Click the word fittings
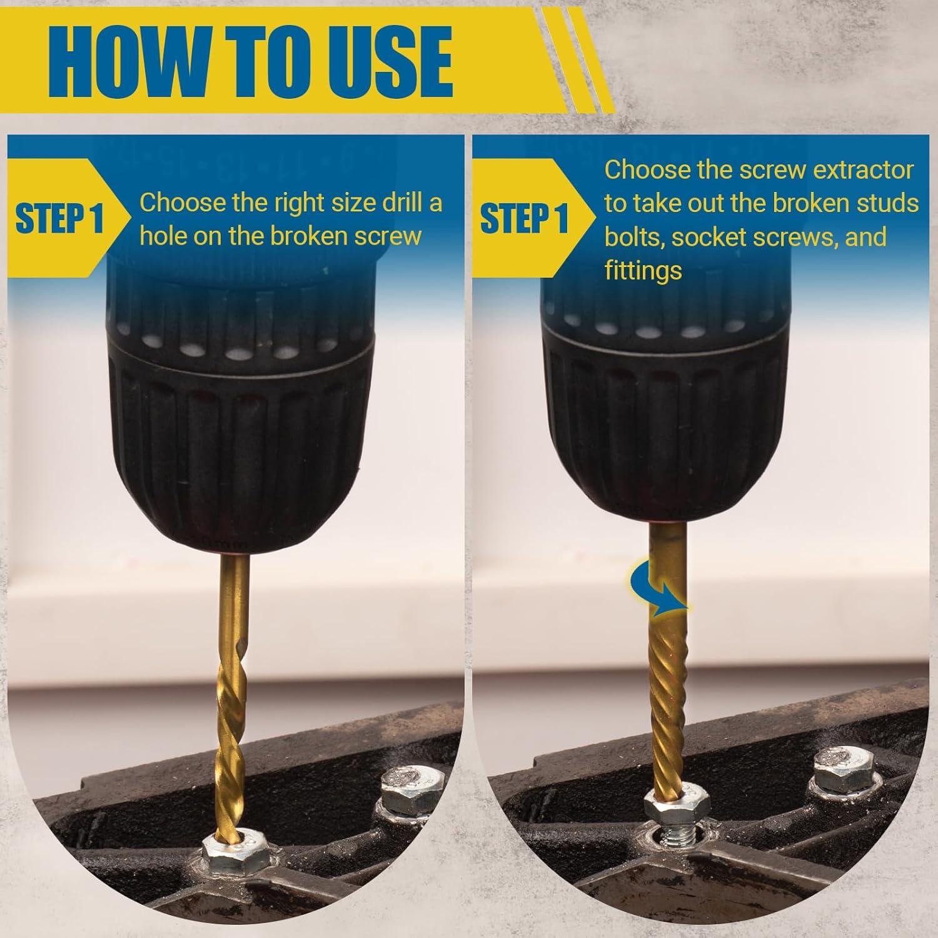tap(643, 271)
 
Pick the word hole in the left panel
tap(164, 236)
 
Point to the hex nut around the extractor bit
tap(677, 801)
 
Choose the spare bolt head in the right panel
tap(848, 772)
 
